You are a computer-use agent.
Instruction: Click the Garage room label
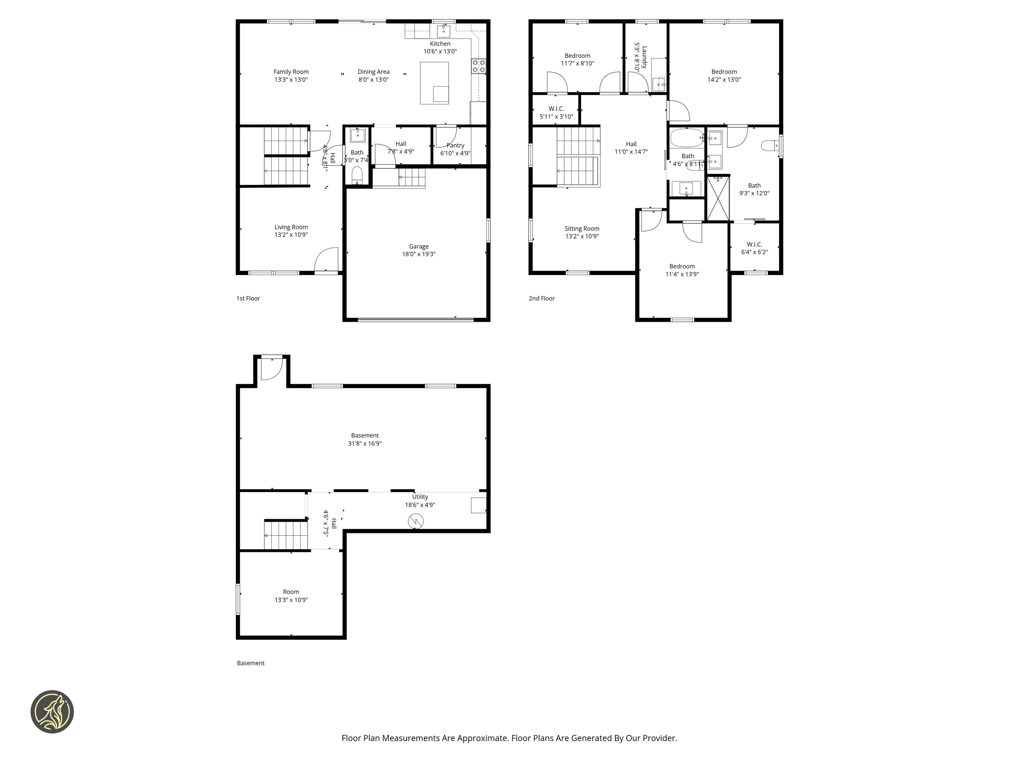pyautogui.click(x=419, y=246)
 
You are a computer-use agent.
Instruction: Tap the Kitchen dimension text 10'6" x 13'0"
pyautogui.click(x=440, y=52)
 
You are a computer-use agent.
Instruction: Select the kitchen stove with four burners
pyautogui.click(x=479, y=66)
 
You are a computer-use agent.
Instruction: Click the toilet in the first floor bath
pyautogui.click(x=357, y=175)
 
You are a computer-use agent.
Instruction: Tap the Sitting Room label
pyautogui.click(x=582, y=229)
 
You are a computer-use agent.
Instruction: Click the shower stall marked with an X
pyautogui.click(x=718, y=198)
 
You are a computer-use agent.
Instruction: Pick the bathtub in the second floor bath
pyautogui.click(x=687, y=138)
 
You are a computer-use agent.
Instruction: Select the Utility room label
pyautogui.click(x=420, y=497)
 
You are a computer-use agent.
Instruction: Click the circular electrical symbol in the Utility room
pyautogui.click(x=416, y=521)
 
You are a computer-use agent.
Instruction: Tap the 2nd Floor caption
pyautogui.click(x=542, y=298)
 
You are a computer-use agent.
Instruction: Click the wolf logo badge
pyautogui.click(x=52, y=711)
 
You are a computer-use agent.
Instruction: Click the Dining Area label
pyautogui.click(x=374, y=72)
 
